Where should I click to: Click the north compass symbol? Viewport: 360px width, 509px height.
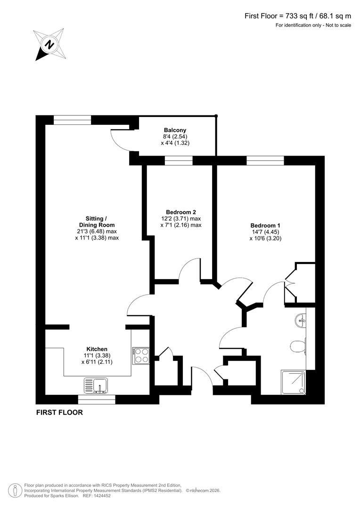click(49, 45)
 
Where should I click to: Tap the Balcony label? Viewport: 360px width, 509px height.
click(175, 130)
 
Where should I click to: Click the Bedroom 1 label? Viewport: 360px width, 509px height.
click(265, 225)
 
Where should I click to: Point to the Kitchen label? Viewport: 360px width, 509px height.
click(97, 349)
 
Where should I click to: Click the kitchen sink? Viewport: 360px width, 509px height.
click(97, 385)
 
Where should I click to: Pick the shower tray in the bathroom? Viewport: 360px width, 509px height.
click(293, 382)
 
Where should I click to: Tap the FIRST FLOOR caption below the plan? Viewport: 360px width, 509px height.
click(59, 412)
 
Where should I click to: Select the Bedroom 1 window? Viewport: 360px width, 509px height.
click(265, 160)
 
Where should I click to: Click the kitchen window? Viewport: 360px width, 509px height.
click(97, 400)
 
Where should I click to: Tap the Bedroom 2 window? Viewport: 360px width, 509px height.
click(179, 160)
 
